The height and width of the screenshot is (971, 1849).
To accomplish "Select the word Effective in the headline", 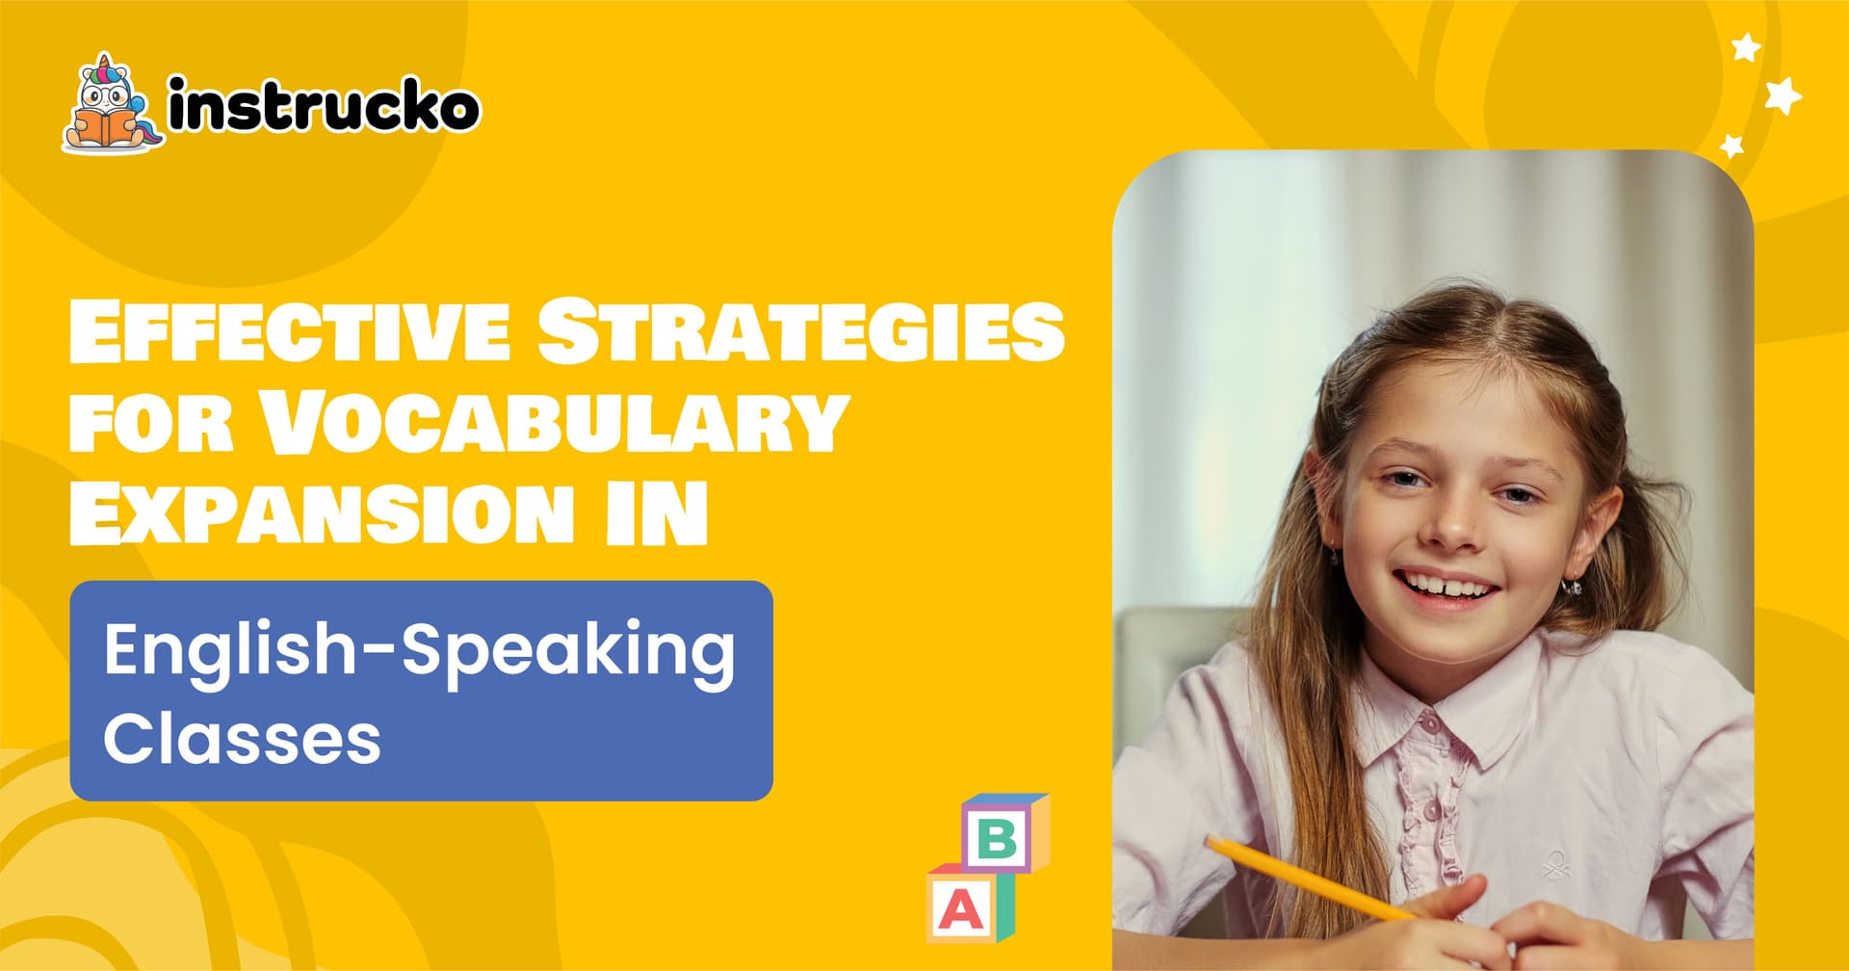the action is pyautogui.click(x=289, y=330).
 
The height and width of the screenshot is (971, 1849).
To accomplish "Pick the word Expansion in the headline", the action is pyautogui.click(x=322, y=512).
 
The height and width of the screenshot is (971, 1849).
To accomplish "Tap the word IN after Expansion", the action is pyautogui.click(x=657, y=512).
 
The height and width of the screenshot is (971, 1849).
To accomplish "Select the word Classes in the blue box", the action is pyautogui.click(x=242, y=739).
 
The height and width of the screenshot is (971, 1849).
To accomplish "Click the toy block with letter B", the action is pyautogui.click(x=1004, y=832).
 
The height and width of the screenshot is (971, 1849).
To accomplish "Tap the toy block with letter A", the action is pyautogui.click(x=970, y=903).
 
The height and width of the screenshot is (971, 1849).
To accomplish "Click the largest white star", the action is pyautogui.click(x=1783, y=95).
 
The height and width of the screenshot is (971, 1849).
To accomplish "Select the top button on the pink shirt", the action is pyautogui.click(x=1431, y=722).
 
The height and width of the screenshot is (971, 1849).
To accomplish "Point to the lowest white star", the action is pyautogui.click(x=1732, y=146).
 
